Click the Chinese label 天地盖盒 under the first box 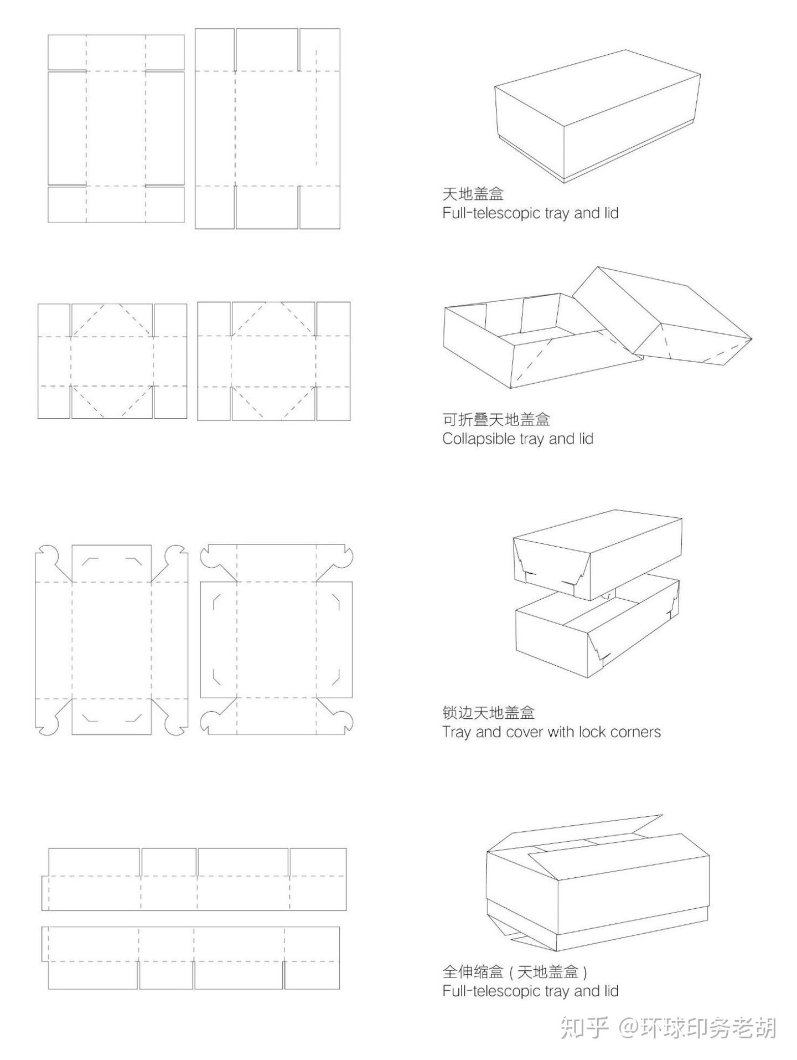pos(473,194)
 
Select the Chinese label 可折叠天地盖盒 pos(496,419)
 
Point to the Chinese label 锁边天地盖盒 pos(488,712)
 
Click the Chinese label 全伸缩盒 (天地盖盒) pos(514,971)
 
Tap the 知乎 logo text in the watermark pos(584,1027)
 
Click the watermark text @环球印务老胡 pos(698,1027)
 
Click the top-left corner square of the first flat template pos(67,53)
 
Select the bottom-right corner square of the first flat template pos(165,204)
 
